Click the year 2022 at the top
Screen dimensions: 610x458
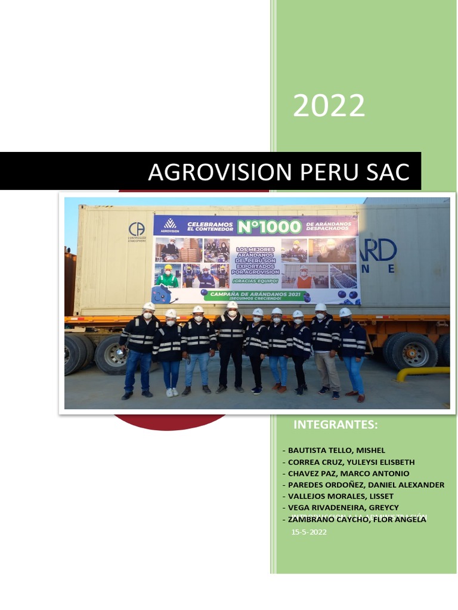pyautogui.click(x=329, y=106)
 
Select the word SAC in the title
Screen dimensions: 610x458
pyautogui.click(x=387, y=172)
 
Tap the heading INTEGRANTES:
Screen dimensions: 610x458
pyautogui.click(x=336, y=425)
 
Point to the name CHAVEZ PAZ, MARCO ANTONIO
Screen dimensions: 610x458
pyautogui.click(x=348, y=473)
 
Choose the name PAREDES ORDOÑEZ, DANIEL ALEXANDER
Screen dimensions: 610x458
pyautogui.click(x=366, y=484)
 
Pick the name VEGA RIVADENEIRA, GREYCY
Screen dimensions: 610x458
pyautogui.click(x=343, y=507)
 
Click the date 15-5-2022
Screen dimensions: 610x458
pyautogui.click(x=309, y=533)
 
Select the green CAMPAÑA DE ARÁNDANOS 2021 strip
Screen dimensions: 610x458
pyautogui.click(x=255, y=294)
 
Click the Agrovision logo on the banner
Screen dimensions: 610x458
pyautogui.click(x=171, y=226)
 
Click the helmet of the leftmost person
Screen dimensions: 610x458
pyautogui.click(x=148, y=306)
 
